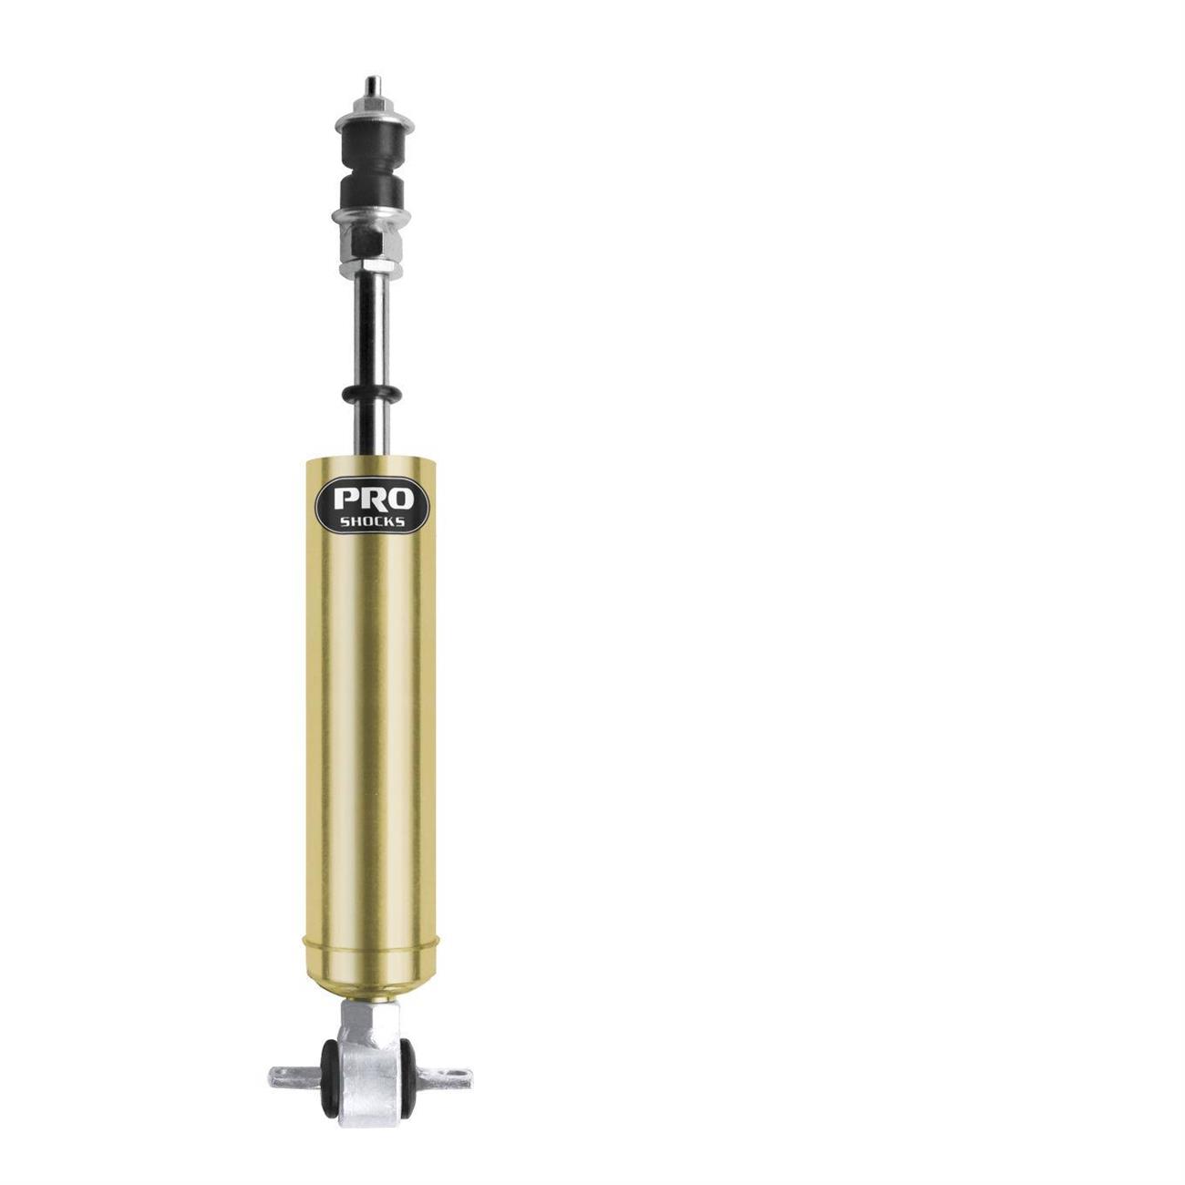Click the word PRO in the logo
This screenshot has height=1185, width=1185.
click(x=374, y=499)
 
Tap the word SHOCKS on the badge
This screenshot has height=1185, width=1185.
click(x=373, y=521)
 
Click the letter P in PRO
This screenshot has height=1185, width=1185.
click(x=345, y=499)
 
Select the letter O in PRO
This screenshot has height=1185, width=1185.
click(x=402, y=499)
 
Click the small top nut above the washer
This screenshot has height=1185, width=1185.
click(x=372, y=105)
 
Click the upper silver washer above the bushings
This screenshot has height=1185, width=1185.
click(x=375, y=124)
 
